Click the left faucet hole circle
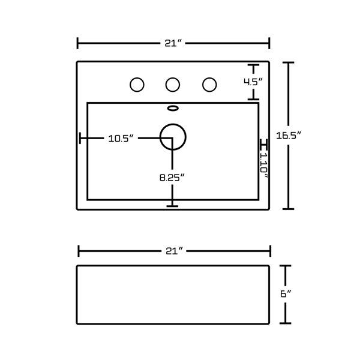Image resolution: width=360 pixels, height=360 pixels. (x=130, y=85)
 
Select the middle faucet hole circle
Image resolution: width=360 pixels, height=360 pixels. (x=166, y=85)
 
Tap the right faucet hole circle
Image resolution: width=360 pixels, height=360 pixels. (x=203, y=85)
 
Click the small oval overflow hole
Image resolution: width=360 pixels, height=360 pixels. (x=173, y=106)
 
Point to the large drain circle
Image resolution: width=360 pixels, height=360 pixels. (x=160, y=137)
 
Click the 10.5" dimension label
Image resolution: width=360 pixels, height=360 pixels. (x=121, y=139)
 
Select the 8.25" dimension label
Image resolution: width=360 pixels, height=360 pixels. (x=172, y=178)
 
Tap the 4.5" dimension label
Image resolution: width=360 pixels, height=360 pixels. (x=253, y=82)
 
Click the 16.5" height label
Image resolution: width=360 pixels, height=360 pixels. (x=289, y=136)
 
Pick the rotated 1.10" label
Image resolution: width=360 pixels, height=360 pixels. (x=264, y=166)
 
